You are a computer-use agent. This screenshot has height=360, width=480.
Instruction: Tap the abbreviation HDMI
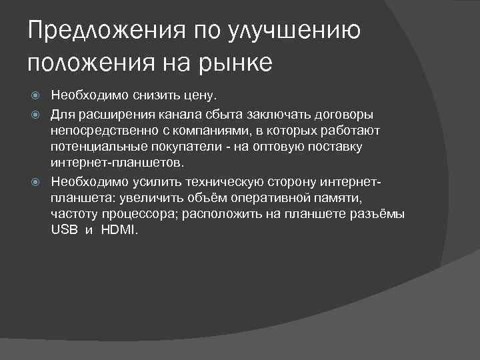coord(119,230)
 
